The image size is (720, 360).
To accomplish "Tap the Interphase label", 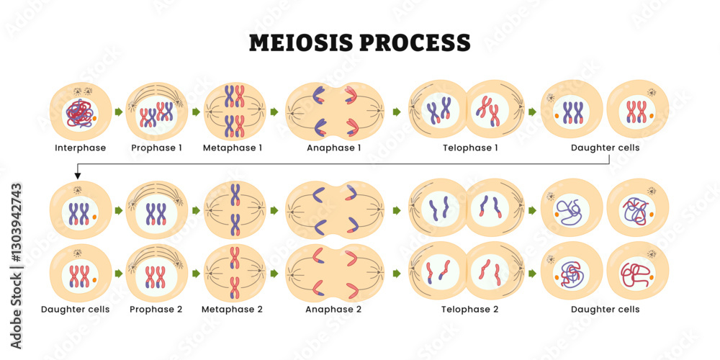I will [x=80, y=148].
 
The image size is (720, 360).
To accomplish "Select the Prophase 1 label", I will [x=156, y=148].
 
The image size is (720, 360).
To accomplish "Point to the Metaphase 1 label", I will [x=232, y=148].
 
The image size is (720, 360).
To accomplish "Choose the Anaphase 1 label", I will [x=334, y=148].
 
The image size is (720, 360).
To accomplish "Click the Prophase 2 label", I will [x=156, y=310].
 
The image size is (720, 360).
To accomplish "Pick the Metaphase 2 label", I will [x=232, y=310].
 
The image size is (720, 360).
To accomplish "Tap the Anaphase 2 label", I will [x=334, y=310].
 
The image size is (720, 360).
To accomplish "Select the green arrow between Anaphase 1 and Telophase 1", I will [x=397, y=112].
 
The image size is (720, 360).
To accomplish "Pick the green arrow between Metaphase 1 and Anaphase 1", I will [x=274, y=112].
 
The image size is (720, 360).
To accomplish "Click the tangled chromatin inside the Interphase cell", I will [x=78, y=113].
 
